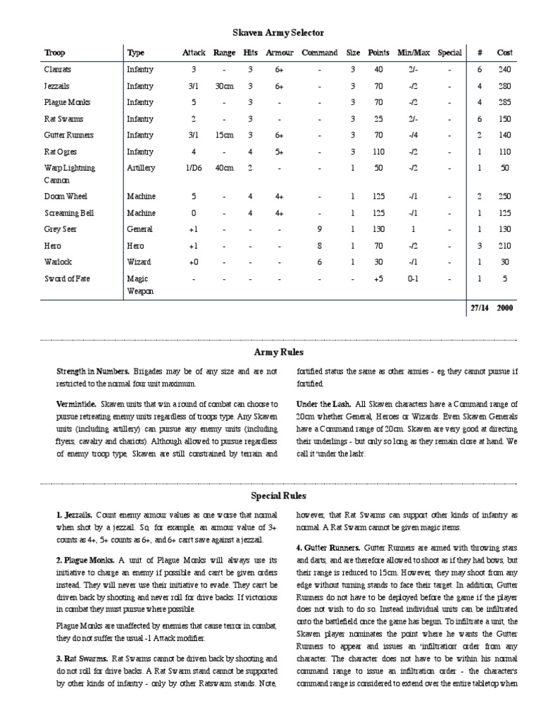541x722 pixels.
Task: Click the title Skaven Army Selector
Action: (x=278, y=32)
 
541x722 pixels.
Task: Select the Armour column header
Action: (x=279, y=53)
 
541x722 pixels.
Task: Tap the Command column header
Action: (x=320, y=53)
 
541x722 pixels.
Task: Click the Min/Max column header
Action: (x=412, y=53)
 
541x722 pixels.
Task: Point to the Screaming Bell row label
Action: (x=68, y=213)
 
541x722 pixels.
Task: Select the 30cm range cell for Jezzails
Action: (x=224, y=86)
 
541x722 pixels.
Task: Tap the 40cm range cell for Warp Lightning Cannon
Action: (x=224, y=168)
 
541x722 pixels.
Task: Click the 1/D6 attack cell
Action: (x=193, y=168)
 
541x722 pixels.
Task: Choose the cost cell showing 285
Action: (x=504, y=103)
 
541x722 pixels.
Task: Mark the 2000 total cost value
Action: (x=504, y=308)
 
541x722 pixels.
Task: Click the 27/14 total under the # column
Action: (x=479, y=308)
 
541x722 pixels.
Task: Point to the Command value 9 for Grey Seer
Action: (x=320, y=229)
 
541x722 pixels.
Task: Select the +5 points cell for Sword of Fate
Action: (x=378, y=279)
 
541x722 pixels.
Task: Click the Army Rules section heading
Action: (x=278, y=351)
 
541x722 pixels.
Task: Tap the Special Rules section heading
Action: (x=278, y=496)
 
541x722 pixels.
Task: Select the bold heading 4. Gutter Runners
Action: (x=329, y=547)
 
